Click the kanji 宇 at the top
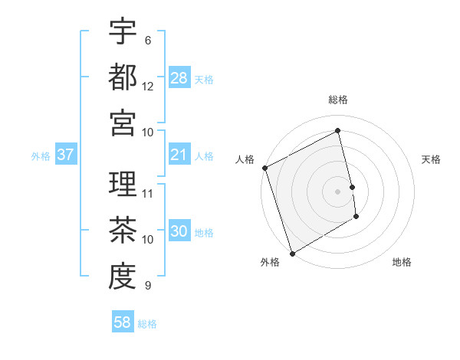click(123, 31)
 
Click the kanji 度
click(123, 275)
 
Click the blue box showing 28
click(179, 77)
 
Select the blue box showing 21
click(179, 155)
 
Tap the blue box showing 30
click(179, 232)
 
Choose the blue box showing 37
click(66, 155)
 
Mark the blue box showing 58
click(123, 323)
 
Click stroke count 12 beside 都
click(148, 87)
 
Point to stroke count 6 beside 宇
click(148, 41)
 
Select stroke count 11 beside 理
click(148, 193)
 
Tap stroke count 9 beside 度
click(148, 285)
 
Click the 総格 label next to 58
click(147, 324)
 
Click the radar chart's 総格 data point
click(338, 131)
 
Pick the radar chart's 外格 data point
click(292, 253)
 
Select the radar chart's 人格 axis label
click(245, 159)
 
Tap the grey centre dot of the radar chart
click(338, 191)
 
